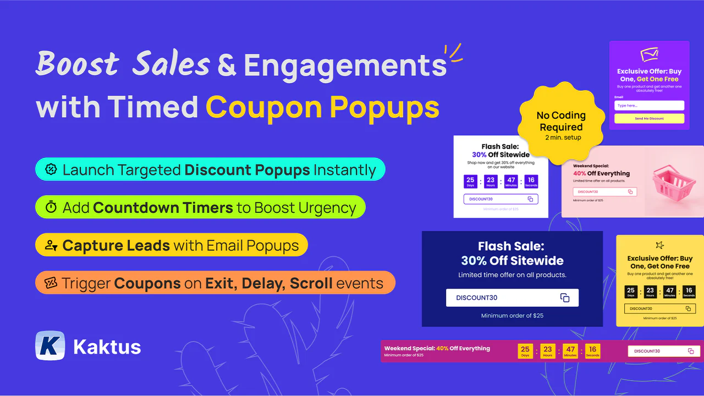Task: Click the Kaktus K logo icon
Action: click(50, 346)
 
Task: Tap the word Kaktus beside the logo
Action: click(107, 347)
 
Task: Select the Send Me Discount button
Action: click(649, 119)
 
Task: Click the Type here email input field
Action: click(649, 106)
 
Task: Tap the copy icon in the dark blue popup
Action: click(565, 298)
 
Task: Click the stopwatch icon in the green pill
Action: click(51, 207)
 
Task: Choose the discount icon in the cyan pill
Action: click(51, 169)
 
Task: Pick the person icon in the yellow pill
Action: click(51, 245)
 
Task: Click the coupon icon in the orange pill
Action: click(51, 283)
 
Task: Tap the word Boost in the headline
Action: click(77, 64)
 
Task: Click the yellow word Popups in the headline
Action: click(385, 107)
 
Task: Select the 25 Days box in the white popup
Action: click(470, 182)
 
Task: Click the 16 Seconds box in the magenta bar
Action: click(592, 351)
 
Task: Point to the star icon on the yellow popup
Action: click(659, 245)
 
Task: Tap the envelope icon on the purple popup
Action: click(649, 55)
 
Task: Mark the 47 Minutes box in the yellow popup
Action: click(669, 292)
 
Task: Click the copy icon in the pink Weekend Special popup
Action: click(631, 192)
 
